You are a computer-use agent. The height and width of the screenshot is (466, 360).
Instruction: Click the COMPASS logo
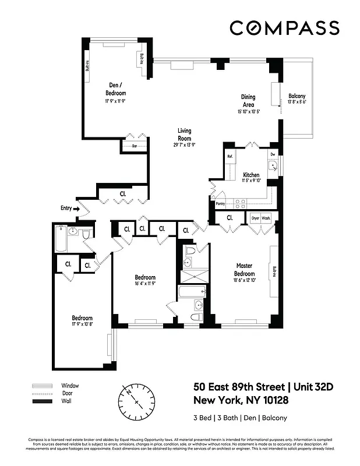pos(284,27)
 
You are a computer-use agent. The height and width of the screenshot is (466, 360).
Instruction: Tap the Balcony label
pos(297,96)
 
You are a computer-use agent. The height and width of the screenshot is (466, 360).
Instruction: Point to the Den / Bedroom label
pos(115,89)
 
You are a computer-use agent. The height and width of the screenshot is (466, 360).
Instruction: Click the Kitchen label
pos(251,175)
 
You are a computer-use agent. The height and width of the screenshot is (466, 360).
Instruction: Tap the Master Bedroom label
pos(245,269)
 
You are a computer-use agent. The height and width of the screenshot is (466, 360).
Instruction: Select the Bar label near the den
pos(134,146)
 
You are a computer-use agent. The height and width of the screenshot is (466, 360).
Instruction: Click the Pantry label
pos(220,204)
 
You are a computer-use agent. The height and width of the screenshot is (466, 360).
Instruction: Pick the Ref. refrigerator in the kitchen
pos(230,157)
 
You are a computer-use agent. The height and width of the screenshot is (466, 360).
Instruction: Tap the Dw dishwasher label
pos(272,154)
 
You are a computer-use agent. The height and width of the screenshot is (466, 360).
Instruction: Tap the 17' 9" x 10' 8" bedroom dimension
pos(82,324)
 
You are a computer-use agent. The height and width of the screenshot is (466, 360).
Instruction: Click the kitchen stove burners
pos(239,203)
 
